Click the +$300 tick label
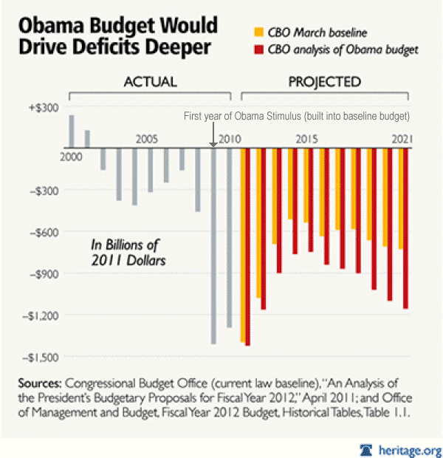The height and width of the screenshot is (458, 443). [x=44, y=107]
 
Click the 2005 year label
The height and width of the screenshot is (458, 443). [x=146, y=139]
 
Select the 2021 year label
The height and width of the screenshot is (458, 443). [x=402, y=139]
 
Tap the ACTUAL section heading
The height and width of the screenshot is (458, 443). [x=150, y=81]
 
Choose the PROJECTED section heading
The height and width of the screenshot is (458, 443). [x=326, y=81]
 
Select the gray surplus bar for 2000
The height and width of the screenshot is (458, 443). [x=72, y=131]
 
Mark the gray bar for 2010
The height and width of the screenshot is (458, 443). [x=230, y=237]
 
